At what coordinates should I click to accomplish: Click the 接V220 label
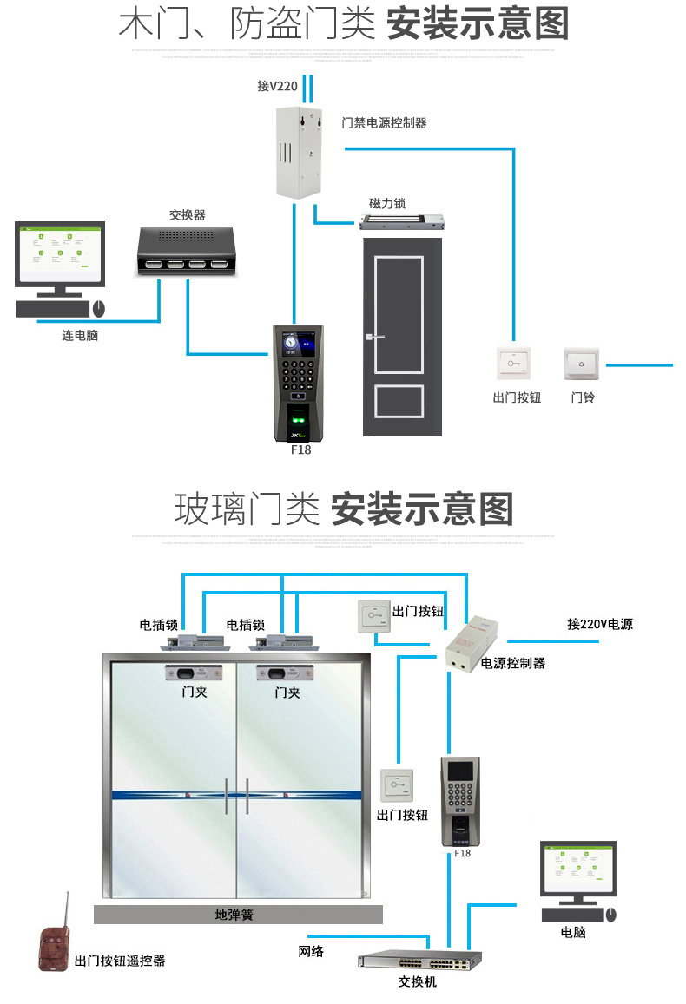pyautogui.click(x=277, y=87)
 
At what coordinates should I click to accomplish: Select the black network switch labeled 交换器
pyautogui.click(x=188, y=250)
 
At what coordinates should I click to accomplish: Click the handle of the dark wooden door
pyautogui.click(x=373, y=338)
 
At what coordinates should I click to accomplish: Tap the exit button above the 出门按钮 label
pyautogui.click(x=514, y=364)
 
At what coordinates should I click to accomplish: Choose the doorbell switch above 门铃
pyautogui.click(x=581, y=364)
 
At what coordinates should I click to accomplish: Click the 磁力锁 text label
pyautogui.click(x=387, y=203)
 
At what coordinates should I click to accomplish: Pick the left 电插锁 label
pyautogui.click(x=159, y=625)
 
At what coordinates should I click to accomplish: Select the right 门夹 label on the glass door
pyautogui.click(x=287, y=692)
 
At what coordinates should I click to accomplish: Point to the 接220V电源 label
pyautogui.click(x=600, y=624)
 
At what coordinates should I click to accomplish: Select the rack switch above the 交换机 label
pyautogui.click(x=419, y=961)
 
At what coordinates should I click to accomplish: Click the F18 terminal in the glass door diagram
pyautogui.click(x=460, y=800)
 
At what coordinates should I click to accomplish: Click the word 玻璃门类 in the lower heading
pyautogui.click(x=247, y=509)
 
